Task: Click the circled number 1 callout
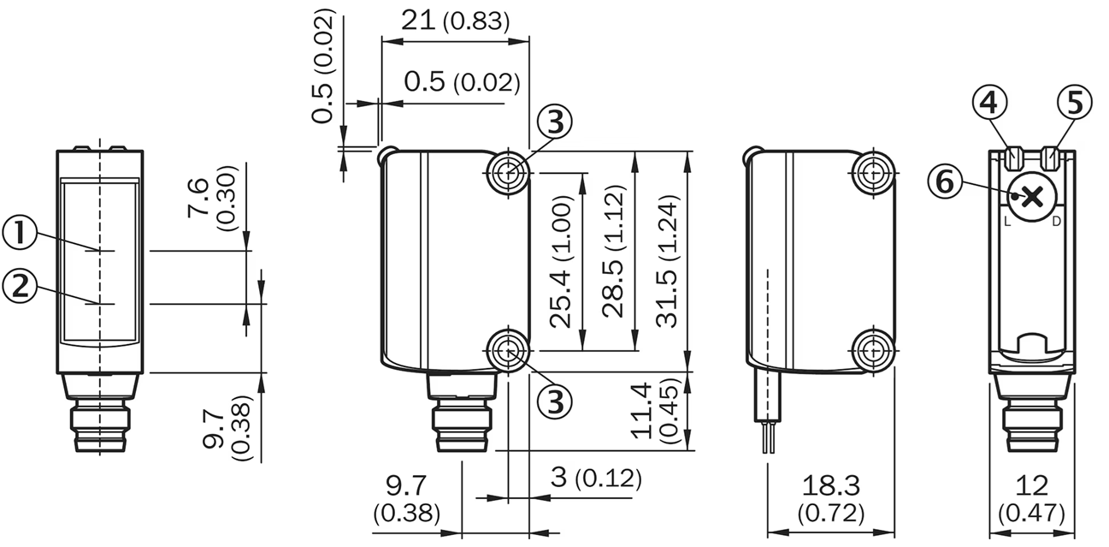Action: click(20, 233)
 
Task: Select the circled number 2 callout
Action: click(20, 287)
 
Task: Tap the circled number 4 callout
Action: click(989, 103)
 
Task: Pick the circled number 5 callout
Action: click(1074, 103)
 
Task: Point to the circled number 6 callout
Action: click(945, 181)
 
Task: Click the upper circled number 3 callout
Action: click(554, 122)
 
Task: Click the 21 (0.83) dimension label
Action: click(455, 21)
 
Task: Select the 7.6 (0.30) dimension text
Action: click(212, 198)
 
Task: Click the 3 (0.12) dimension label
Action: click(596, 478)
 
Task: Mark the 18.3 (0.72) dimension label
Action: click(831, 499)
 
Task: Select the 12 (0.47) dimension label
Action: click(1032, 499)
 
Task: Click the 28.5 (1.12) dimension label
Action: click(614, 251)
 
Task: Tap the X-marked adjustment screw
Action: click(1032, 198)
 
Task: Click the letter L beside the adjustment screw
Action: click(1007, 222)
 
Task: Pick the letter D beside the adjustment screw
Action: click(1056, 222)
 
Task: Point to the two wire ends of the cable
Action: click(769, 437)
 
